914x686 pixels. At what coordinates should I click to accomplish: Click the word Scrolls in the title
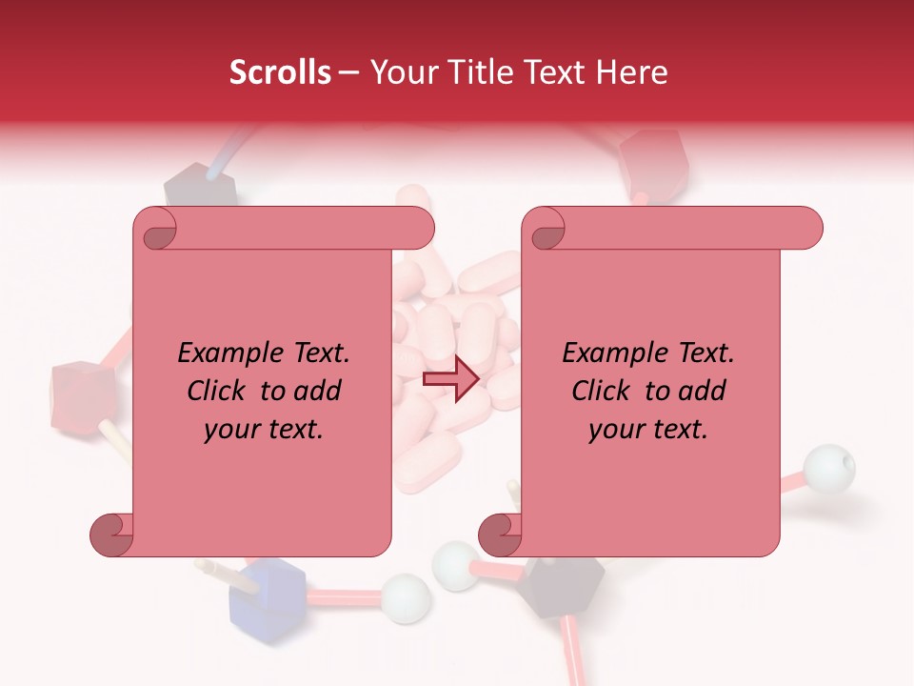point(280,72)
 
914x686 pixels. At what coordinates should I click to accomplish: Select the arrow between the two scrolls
point(450,380)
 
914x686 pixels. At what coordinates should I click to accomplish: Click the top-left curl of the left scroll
point(155,229)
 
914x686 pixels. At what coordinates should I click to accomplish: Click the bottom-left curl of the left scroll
point(111,535)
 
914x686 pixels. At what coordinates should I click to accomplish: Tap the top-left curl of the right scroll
point(545,229)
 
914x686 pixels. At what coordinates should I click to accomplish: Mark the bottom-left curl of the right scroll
point(500,535)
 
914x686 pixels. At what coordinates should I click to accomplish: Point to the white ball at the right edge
point(828,468)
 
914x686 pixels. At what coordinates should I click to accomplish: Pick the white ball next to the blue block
point(406,597)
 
